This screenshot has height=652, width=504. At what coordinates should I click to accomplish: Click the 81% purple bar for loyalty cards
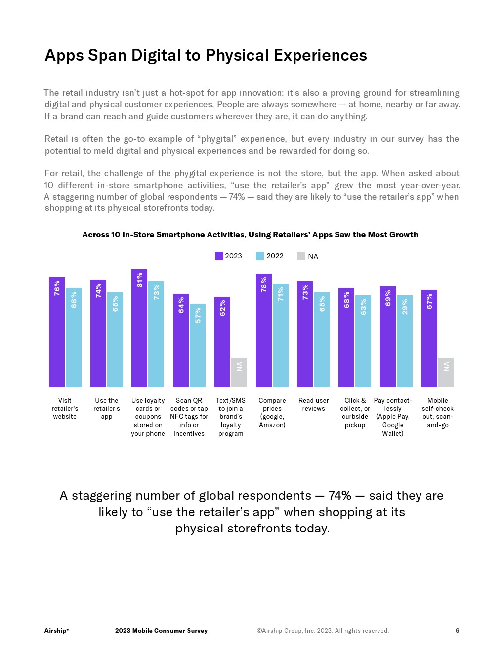[139, 328]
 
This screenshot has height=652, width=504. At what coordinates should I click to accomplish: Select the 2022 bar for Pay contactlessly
[405, 341]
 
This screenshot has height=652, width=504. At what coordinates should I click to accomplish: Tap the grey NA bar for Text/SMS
[239, 372]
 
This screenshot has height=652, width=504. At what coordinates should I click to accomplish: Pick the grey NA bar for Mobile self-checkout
[446, 372]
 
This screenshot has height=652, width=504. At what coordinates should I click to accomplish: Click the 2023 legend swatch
[219, 256]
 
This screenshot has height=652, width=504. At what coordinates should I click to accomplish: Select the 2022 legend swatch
[260, 256]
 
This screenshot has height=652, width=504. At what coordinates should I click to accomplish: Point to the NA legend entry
[307, 256]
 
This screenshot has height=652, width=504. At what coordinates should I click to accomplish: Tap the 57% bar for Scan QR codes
[198, 345]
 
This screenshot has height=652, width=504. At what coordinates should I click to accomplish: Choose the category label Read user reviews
[314, 405]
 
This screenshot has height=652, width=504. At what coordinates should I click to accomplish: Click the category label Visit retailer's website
[65, 408]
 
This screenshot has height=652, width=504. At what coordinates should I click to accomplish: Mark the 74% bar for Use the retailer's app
[98, 333]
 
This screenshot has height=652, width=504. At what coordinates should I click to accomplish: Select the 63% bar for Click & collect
[363, 341]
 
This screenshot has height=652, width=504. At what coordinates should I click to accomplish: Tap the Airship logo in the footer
[56, 631]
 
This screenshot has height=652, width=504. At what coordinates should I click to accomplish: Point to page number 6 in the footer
[457, 631]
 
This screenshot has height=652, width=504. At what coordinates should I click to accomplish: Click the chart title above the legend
[250, 235]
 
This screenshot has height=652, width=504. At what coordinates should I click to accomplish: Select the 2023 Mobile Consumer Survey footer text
[161, 631]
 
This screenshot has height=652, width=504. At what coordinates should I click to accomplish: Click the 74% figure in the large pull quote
[340, 496]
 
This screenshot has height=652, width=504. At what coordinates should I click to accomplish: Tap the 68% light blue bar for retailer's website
[74, 337]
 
